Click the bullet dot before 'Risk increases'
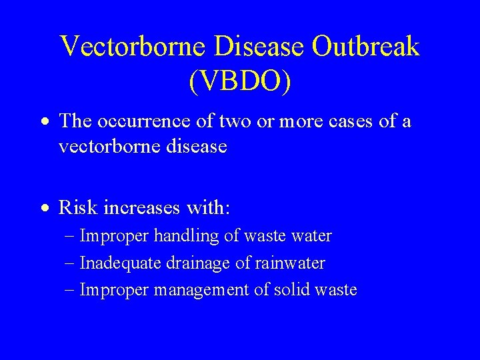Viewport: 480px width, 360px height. pos(43,209)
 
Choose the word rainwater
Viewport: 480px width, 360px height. pos(289,263)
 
